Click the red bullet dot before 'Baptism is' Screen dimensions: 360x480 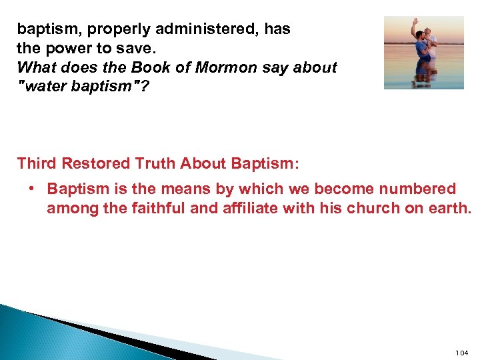point(31,189)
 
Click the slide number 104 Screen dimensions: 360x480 point(461,352)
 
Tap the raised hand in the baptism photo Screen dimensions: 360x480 point(415,23)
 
